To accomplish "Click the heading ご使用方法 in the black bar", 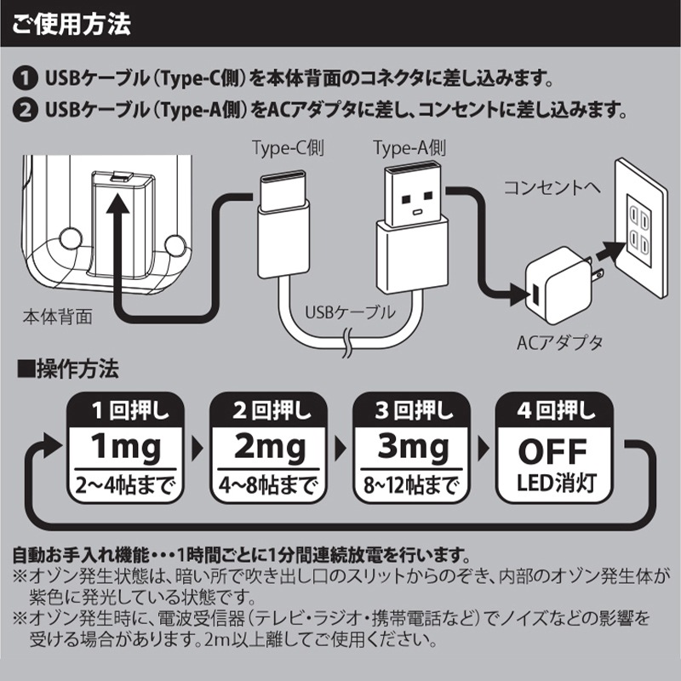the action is [x=72, y=24].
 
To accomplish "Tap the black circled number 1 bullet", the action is [x=26, y=78].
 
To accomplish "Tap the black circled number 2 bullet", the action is [x=26, y=110].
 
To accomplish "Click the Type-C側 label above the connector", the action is [x=289, y=148].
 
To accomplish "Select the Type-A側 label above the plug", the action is [x=409, y=148].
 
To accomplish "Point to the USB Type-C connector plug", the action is [x=284, y=224].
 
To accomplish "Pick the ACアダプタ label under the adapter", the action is [x=560, y=343].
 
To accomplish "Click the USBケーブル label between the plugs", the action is [x=350, y=312].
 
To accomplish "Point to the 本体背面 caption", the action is [x=58, y=317].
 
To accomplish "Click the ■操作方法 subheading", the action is [x=68, y=369].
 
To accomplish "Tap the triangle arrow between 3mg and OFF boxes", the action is [x=484, y=449].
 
